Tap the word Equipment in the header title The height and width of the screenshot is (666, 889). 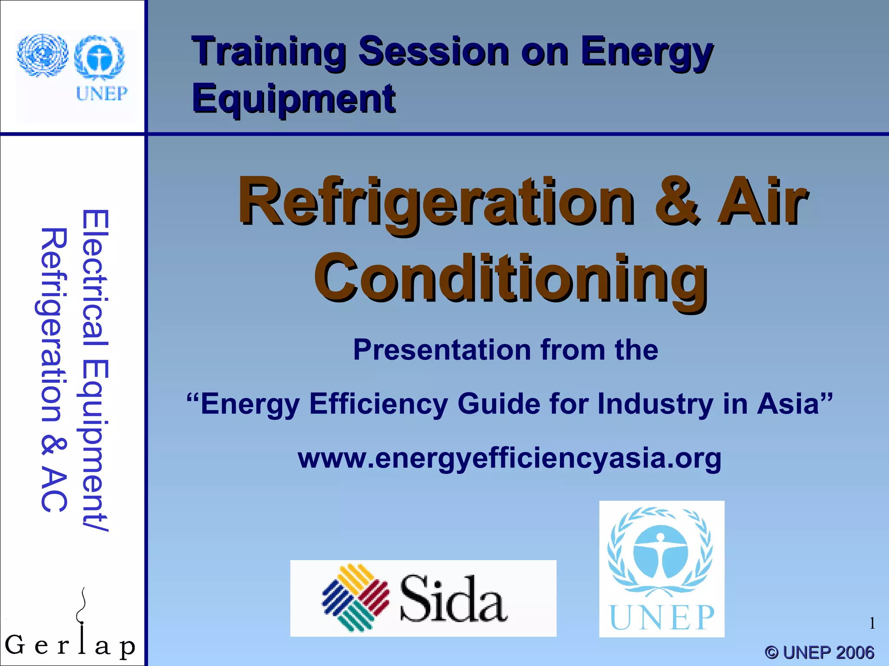click(x=294, y=99)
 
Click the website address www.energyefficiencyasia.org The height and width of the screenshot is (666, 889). click(x=509, y=458)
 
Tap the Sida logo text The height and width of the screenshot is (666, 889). click(x=453, y=600)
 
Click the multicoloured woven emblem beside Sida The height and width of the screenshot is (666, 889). click(x=355, y=597)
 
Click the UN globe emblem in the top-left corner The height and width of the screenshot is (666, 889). click(x=43, y=55)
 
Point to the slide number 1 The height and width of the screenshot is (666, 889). click(x=872, y=624)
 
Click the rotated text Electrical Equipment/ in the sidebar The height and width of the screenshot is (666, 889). click(x=95, y=370)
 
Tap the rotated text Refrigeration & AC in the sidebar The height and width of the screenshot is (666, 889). click(x=54, y=370)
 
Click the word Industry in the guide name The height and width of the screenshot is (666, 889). click(x=655, y=404)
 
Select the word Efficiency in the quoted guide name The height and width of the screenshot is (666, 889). click(x=378, y=404)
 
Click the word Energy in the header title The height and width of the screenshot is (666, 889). click(x=647, y=53)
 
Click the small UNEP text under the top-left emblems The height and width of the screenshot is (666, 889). click(x=102, y=93)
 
